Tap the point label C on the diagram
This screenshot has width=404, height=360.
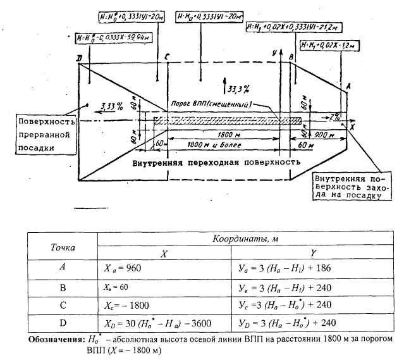point(166,58)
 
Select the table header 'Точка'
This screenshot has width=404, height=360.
point(61,246)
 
